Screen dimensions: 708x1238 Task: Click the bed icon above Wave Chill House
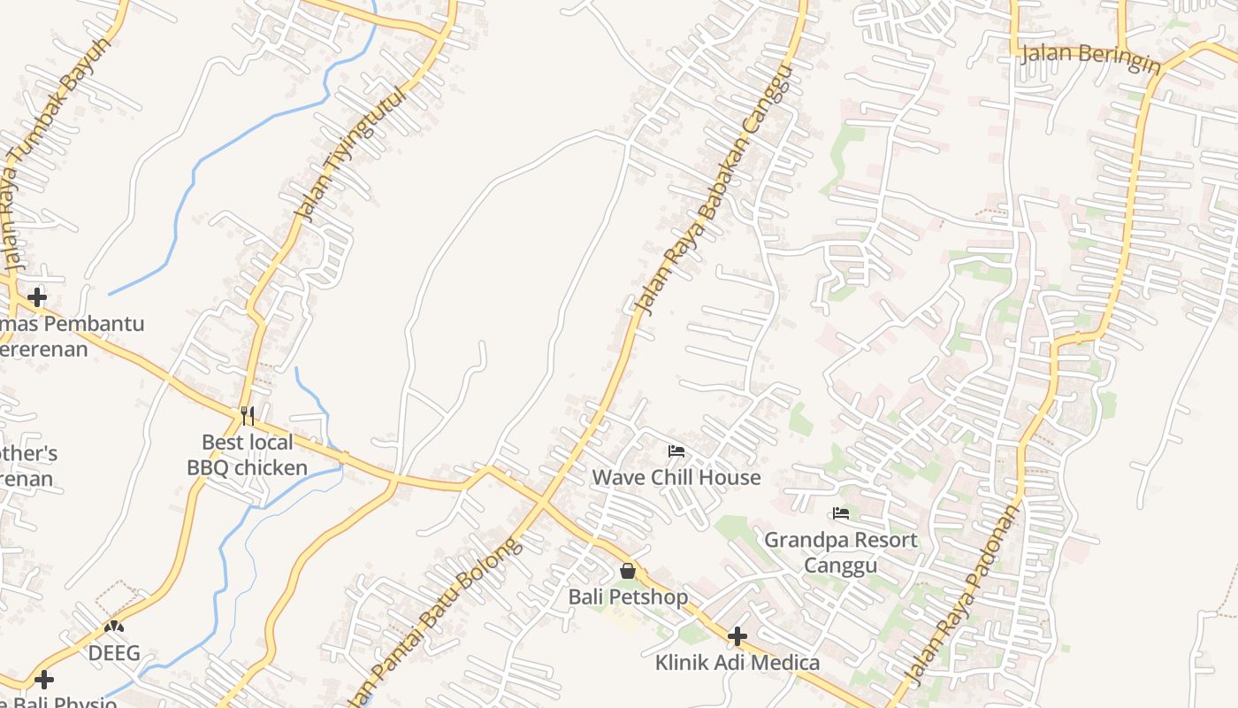(x=676, y=451)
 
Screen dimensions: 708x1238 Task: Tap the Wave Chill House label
(x=676, y=478)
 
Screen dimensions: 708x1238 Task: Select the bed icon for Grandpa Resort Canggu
(x=841, y=513)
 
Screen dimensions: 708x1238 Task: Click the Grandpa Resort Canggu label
(x=841, y=552)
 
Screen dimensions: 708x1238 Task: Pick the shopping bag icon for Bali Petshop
(x=628, y=571)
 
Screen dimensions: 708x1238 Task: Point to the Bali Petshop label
(x=628, y=597)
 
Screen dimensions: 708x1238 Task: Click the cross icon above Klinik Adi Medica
(x=737, y=635)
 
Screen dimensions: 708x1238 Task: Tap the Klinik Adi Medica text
(x=737, y=662)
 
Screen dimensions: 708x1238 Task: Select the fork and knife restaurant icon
(x=248, y=415)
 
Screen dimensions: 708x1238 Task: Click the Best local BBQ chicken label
(x=248, y=455)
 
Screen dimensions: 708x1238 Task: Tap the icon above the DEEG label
(x=114, y=627)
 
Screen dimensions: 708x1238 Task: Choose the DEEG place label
(x=114, y=653)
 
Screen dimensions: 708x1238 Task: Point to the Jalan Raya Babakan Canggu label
(x=711, y=189)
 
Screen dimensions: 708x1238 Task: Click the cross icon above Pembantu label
(x=37, y=296)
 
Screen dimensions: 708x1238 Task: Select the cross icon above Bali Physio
(x=44, y=680)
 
